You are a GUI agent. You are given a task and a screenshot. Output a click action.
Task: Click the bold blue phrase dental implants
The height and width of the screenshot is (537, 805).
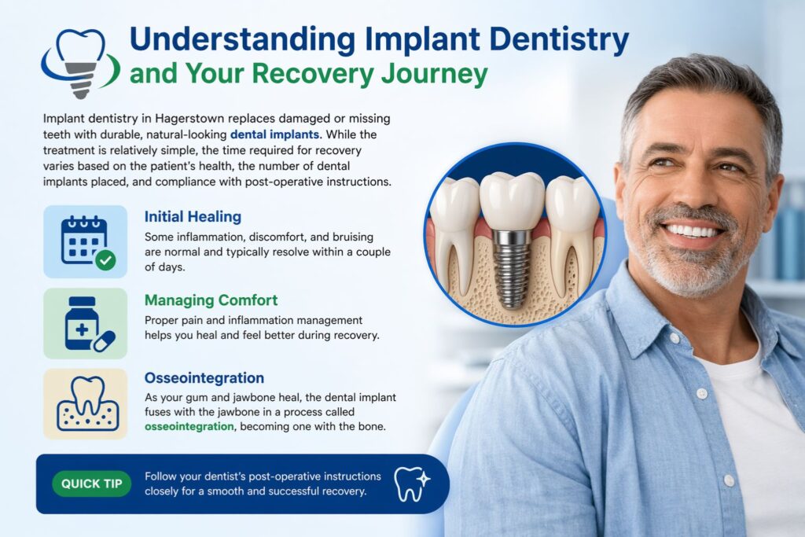(x=276, y=134)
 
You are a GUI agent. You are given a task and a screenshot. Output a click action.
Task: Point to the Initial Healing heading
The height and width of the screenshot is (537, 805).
(x=193, y=216)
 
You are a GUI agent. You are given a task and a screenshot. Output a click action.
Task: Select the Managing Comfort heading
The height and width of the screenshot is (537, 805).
(x=210, y=300)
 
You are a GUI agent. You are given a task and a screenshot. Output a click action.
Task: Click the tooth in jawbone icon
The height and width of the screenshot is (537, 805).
(x=85, y=403)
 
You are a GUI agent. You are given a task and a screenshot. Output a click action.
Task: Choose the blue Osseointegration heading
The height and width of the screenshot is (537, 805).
(x=204, y=378)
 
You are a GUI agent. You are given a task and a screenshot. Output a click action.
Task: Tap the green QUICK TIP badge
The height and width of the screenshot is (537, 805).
(x=91, y=484)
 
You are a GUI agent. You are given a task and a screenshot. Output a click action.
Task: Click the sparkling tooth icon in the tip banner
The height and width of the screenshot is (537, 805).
(x=410, y=484)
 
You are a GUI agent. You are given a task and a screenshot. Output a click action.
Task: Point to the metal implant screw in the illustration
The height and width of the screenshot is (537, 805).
(x=513, y=267)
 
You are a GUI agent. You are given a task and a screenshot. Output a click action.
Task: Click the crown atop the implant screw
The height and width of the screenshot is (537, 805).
(x=512, y=201)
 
